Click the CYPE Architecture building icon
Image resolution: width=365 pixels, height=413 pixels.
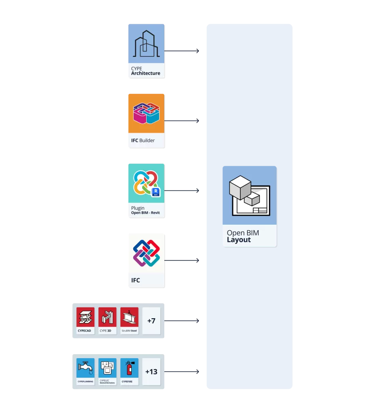click(x=146, y=44)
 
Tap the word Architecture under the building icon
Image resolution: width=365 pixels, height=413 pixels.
click(x=145, y=73)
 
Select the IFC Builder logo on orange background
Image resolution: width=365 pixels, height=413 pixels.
click(x=146, y=113)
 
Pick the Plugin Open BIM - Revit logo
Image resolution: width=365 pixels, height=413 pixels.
click(x=145, y=183)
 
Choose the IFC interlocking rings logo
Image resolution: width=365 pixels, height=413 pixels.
click(x=146, y=253)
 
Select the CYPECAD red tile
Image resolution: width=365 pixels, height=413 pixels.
click(x=86, y=320)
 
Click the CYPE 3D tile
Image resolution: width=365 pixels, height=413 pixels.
click(x=107, y=320)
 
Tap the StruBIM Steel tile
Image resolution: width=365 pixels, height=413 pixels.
click(x=129, y=320)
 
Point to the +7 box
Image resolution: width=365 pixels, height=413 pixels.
click(x=151, y=321)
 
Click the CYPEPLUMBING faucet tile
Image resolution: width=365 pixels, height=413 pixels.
click(x=86, y=371)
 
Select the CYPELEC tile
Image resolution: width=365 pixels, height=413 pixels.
click(x=107, y=371)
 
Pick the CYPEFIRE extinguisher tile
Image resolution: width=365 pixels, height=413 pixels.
click(x=129, y=371)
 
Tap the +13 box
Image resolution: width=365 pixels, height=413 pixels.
click(x=151, y=371)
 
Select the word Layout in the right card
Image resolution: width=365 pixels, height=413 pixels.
click(x=239, y=240)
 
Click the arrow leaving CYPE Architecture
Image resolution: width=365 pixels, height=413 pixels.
click(x=182, y=51)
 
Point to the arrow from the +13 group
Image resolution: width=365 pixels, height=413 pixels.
click(x=182, y=371)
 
